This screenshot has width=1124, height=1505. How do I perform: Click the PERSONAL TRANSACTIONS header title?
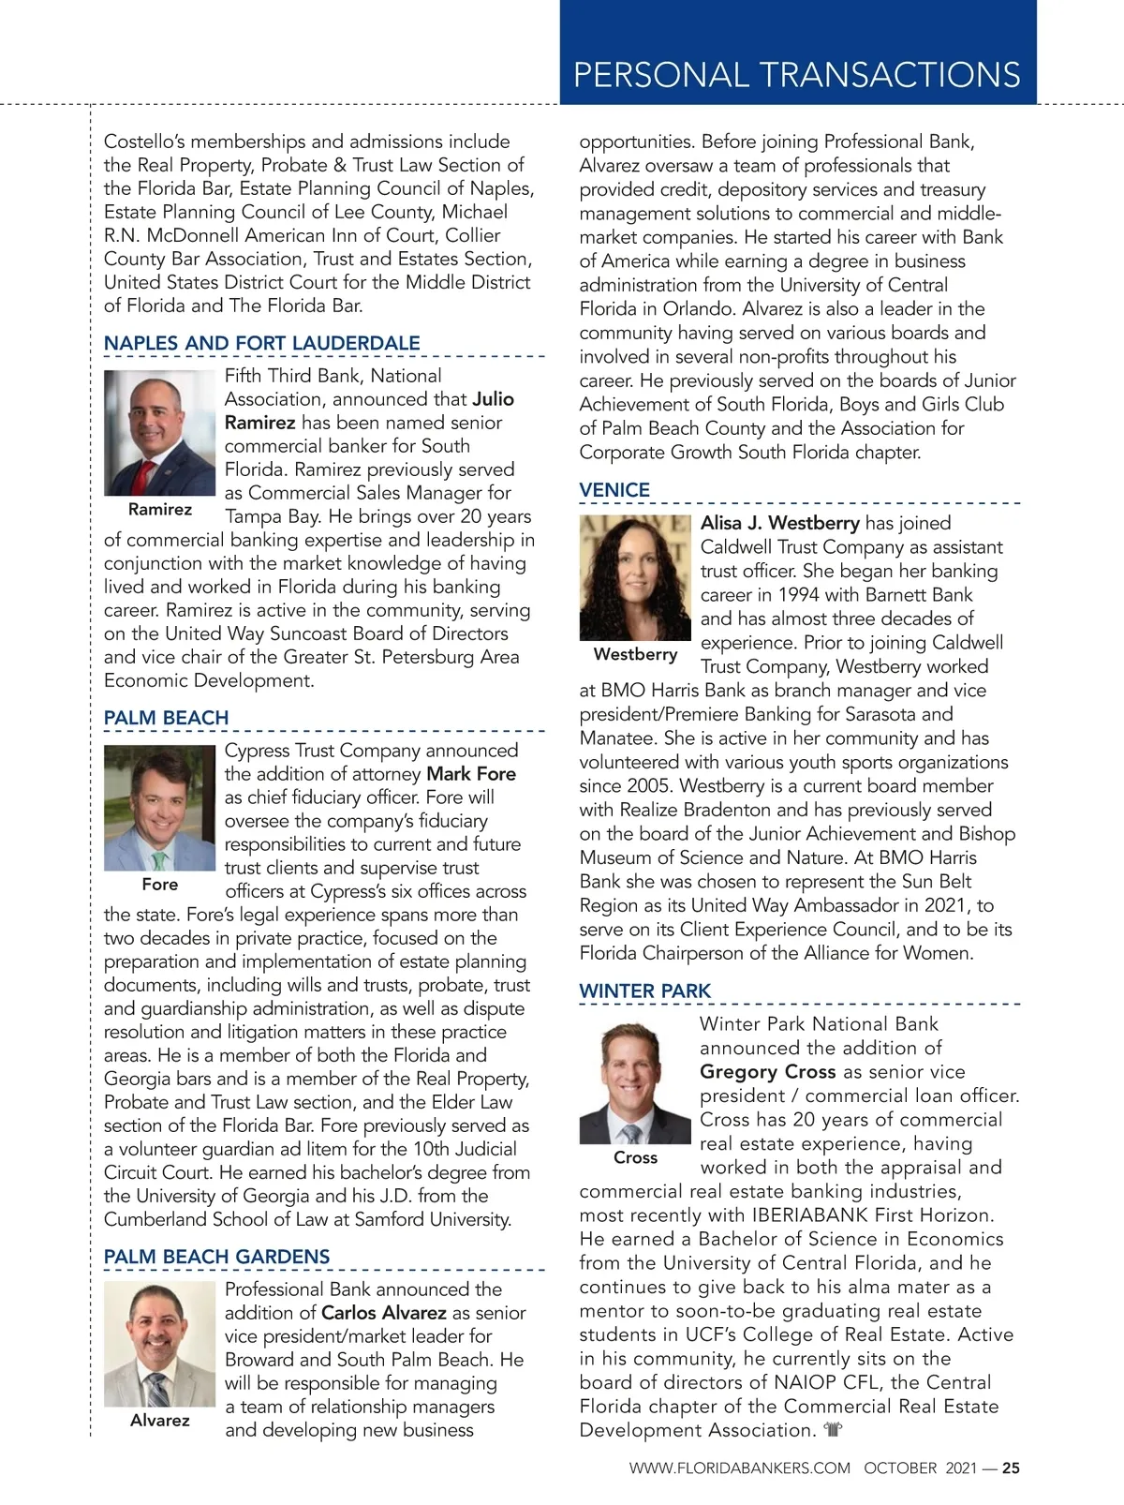(796, 74)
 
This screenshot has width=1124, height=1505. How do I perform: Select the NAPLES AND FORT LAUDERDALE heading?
(261, 343)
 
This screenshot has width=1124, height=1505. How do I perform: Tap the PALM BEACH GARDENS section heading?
(216, 1257)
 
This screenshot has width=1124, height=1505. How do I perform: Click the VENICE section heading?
(614, 490)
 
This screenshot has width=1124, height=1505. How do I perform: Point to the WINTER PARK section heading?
(644, 991)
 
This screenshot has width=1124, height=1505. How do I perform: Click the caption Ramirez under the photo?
(160, 510)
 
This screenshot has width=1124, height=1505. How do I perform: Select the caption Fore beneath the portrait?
(160, 885)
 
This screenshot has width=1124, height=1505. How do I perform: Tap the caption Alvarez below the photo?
(160, 1421)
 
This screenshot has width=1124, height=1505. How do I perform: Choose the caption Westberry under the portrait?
(635, 654)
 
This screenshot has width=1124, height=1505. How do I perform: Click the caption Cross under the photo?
(635, 1158)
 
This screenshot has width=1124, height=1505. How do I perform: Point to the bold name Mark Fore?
(471, 774)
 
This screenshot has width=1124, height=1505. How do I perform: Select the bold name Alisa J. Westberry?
(779, 523)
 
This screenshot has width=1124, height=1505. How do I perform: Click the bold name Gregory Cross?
(767, 1072)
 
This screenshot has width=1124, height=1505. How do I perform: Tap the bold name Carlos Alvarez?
(384, 1313)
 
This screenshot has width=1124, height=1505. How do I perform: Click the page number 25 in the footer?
(1011, 1468)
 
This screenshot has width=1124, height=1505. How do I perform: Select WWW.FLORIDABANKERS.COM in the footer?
(739, 1468)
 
